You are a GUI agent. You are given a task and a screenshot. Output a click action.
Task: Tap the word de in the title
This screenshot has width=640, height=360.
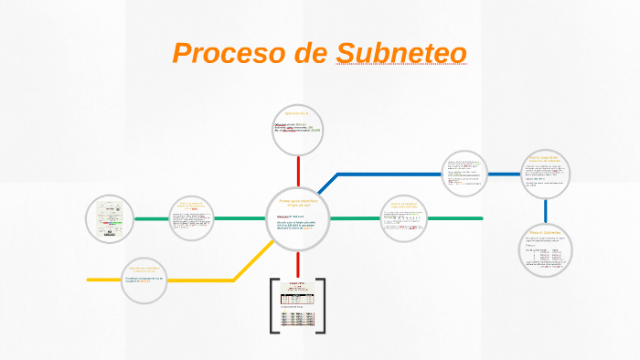coord(311,53)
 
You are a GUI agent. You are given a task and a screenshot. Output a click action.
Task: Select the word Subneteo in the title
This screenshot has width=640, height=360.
coord(401,53)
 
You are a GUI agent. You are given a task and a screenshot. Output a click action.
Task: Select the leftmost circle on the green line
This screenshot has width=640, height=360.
coord(110,219)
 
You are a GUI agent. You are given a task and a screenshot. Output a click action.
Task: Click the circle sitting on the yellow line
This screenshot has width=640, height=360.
coord(146,279)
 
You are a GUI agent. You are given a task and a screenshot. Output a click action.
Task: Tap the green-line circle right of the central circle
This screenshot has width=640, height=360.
coord(404,217)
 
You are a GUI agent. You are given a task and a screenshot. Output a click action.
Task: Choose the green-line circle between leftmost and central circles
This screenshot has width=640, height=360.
coord(192,219)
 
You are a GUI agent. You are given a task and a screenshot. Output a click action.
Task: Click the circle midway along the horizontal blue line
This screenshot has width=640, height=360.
coord(465,173)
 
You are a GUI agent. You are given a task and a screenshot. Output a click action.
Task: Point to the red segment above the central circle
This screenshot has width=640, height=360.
coord(298,171)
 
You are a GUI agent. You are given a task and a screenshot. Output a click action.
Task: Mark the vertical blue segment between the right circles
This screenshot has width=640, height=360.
coord(547,211)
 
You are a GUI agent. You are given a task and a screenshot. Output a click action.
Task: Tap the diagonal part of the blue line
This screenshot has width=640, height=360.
coord(327,185)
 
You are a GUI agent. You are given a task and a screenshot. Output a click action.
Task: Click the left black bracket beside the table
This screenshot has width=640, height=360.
coord(273,305)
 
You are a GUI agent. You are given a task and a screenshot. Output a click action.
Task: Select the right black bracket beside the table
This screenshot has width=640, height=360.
coord(323,305)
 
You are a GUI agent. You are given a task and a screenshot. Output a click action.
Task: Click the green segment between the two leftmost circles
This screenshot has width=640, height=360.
coord(151,219)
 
